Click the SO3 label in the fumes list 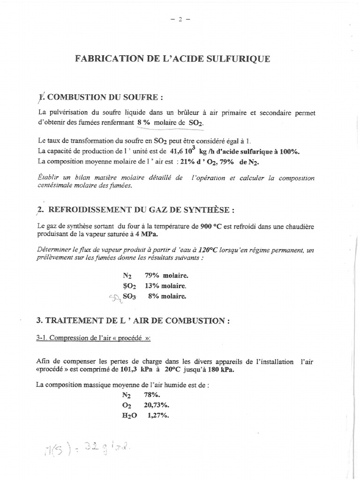click(129, 296)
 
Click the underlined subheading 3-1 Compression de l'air click(93, 339)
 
